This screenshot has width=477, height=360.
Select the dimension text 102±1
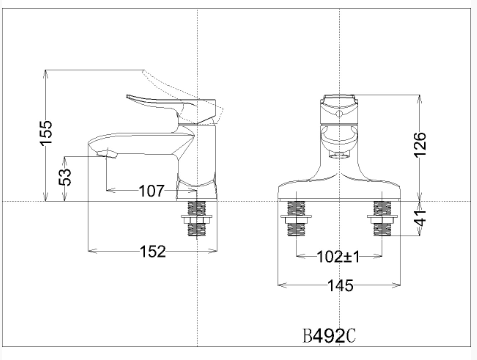338,256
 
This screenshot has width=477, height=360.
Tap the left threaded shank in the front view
296,218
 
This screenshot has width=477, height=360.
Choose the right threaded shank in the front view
381,218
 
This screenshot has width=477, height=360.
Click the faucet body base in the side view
198,186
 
